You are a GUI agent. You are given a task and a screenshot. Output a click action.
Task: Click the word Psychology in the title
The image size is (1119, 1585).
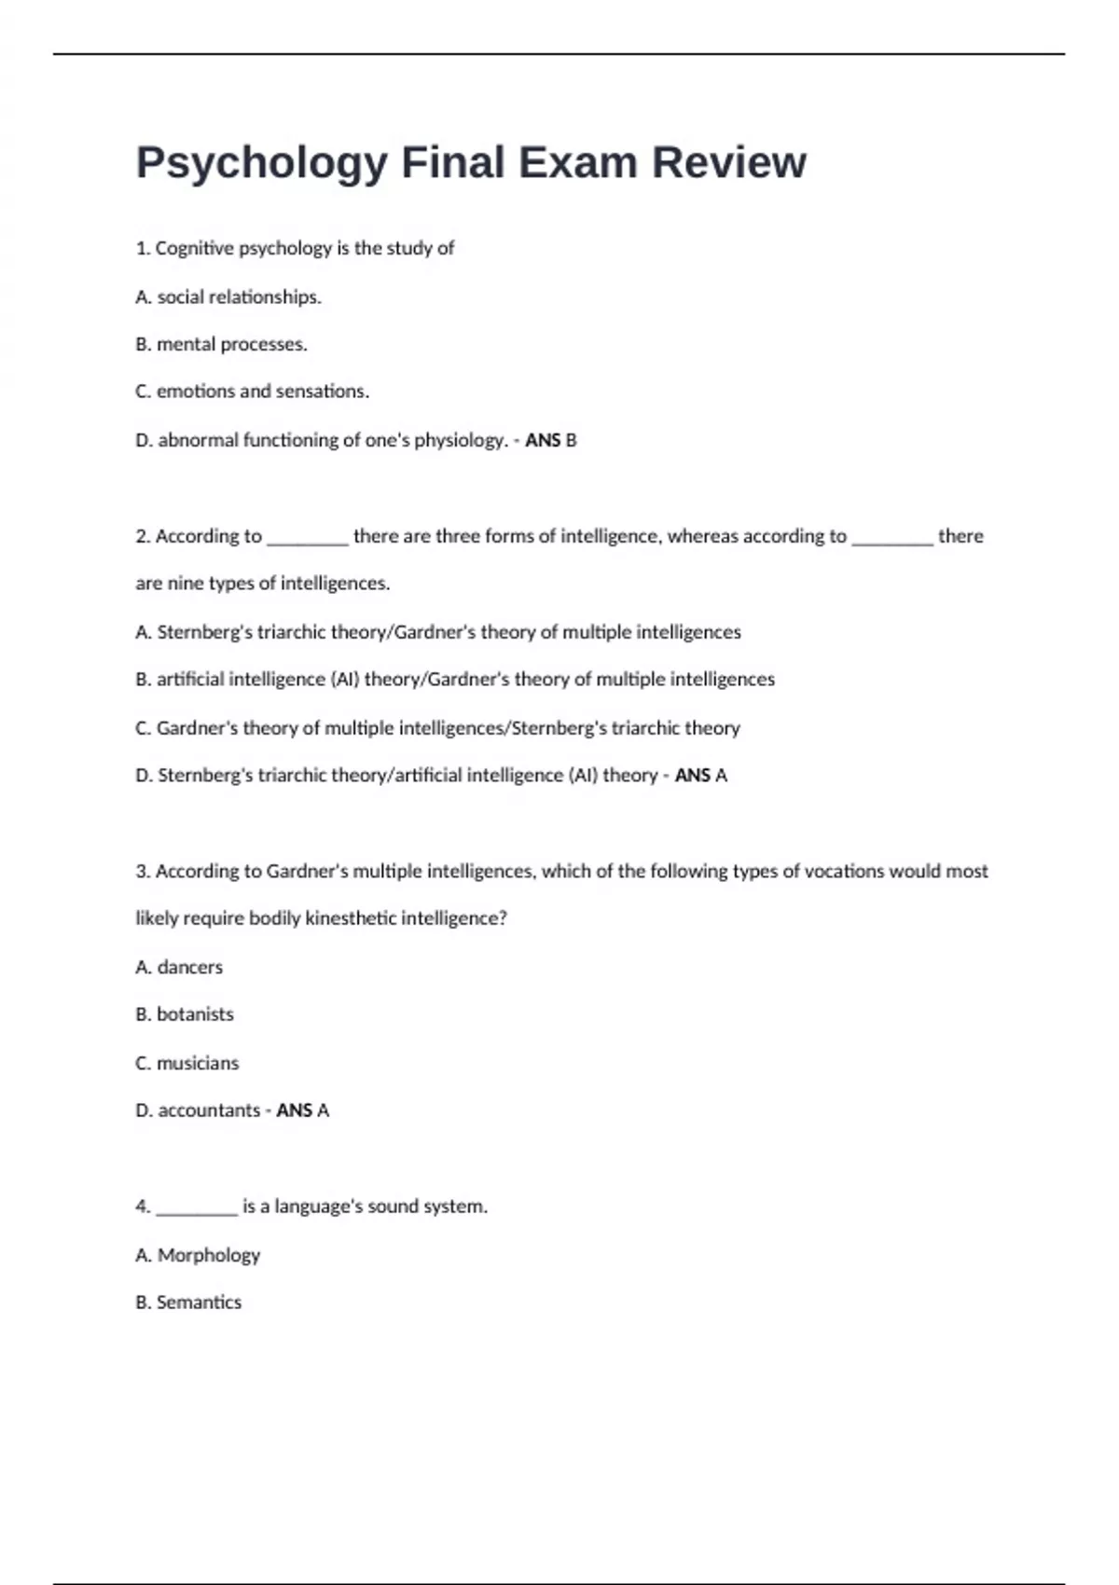click(x=261, y=164)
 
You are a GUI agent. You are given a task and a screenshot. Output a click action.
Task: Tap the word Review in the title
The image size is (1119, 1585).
click(x=728, y=162)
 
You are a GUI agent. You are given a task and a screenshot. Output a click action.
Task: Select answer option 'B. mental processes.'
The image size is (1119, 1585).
click(x=221, y=344)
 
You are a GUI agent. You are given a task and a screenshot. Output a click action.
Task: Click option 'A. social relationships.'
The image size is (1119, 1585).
click(x=228, y=296)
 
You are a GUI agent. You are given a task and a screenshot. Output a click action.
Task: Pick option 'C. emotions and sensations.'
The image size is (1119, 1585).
click(x=252, y=392)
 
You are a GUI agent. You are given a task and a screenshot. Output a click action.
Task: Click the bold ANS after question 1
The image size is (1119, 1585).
click(x=542, y=440)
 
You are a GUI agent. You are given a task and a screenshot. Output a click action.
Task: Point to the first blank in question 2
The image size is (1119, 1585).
click(x=308, y=538)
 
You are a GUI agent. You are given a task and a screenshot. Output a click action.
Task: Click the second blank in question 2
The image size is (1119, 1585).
click(x=892, y=538)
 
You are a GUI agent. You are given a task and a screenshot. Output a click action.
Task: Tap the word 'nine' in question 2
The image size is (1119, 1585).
click(x=185, y=584)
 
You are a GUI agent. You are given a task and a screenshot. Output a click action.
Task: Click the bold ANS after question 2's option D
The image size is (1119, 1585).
click(x=692, y=776)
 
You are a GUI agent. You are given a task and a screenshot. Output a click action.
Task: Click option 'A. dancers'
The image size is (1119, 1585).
click(x=179, y=968)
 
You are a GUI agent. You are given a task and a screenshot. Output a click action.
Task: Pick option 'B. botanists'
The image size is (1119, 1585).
click(x=185, y=1014)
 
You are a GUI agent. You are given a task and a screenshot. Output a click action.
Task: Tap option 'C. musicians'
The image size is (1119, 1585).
click(x=186, y=1064)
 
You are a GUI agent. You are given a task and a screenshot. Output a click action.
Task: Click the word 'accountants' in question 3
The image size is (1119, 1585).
click(x=209, y=1110)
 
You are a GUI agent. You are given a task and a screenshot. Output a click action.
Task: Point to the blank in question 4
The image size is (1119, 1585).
click(x=197, y=1208)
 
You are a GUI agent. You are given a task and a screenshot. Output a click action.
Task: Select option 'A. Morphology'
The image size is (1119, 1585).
click(x=198, y=1255)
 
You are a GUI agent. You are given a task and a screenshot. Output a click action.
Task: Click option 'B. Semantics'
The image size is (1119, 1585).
click(x=188, y=1302)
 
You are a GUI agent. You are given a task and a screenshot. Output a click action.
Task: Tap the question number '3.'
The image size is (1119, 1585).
click(x=144, y=871)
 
